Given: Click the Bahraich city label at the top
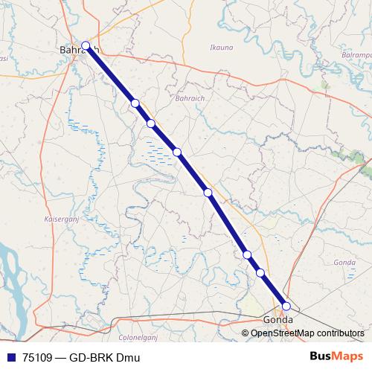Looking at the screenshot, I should [x=77, y=51].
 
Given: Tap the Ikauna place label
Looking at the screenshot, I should [x=222, y=48].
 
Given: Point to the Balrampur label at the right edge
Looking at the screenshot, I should [x=356, y=55].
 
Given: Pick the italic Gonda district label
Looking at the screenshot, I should [x=344, y=263].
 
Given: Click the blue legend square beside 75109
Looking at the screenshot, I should [x=10, y=357].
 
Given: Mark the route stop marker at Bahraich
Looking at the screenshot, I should [x=86, y=45].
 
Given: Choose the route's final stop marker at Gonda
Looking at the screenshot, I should [x=286, y=305].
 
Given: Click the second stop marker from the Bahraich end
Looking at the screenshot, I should [x=135, y=103].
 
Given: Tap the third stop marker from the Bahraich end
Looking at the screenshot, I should [x=150, y=124].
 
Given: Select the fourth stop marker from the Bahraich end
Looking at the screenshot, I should [x=177, y=153].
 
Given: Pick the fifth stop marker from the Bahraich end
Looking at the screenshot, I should [x=208, y=193].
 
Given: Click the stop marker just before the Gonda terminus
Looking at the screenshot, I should [x=260, y=273].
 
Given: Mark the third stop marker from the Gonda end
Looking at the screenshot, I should [x=247, y=255].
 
